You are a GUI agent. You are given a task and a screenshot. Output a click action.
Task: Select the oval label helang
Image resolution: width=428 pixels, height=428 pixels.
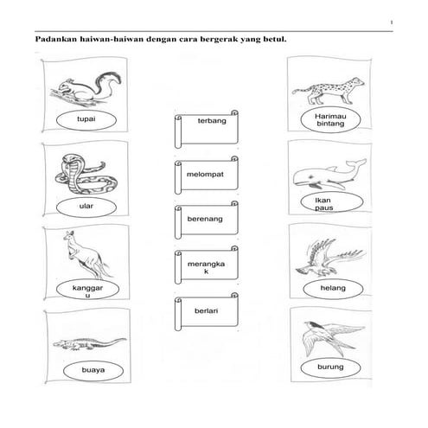(x=330, y=287)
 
